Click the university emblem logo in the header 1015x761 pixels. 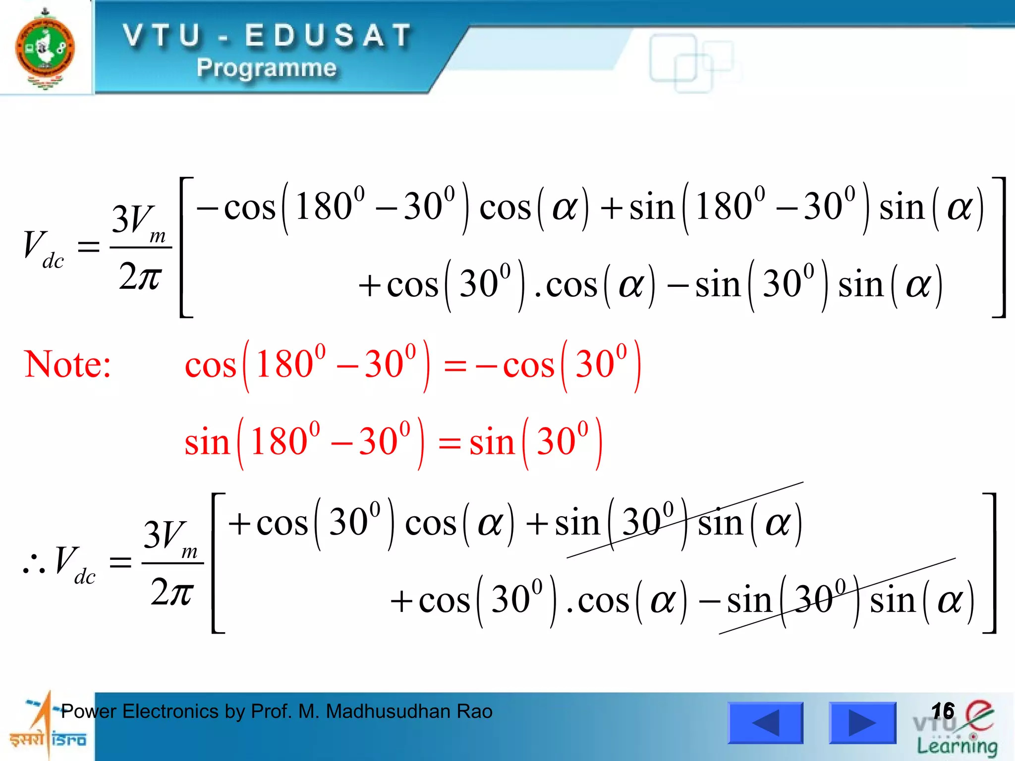45,48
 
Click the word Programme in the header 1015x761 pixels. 266,68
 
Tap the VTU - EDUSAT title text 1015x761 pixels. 268,36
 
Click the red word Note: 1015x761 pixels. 67,364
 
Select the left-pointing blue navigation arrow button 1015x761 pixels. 765,722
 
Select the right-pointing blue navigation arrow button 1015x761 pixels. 862,722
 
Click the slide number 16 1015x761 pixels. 942,711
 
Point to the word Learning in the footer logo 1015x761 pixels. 957,746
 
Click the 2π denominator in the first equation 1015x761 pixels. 140,276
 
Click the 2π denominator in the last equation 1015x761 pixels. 172,592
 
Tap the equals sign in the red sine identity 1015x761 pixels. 450,443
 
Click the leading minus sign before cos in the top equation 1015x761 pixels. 207,208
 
